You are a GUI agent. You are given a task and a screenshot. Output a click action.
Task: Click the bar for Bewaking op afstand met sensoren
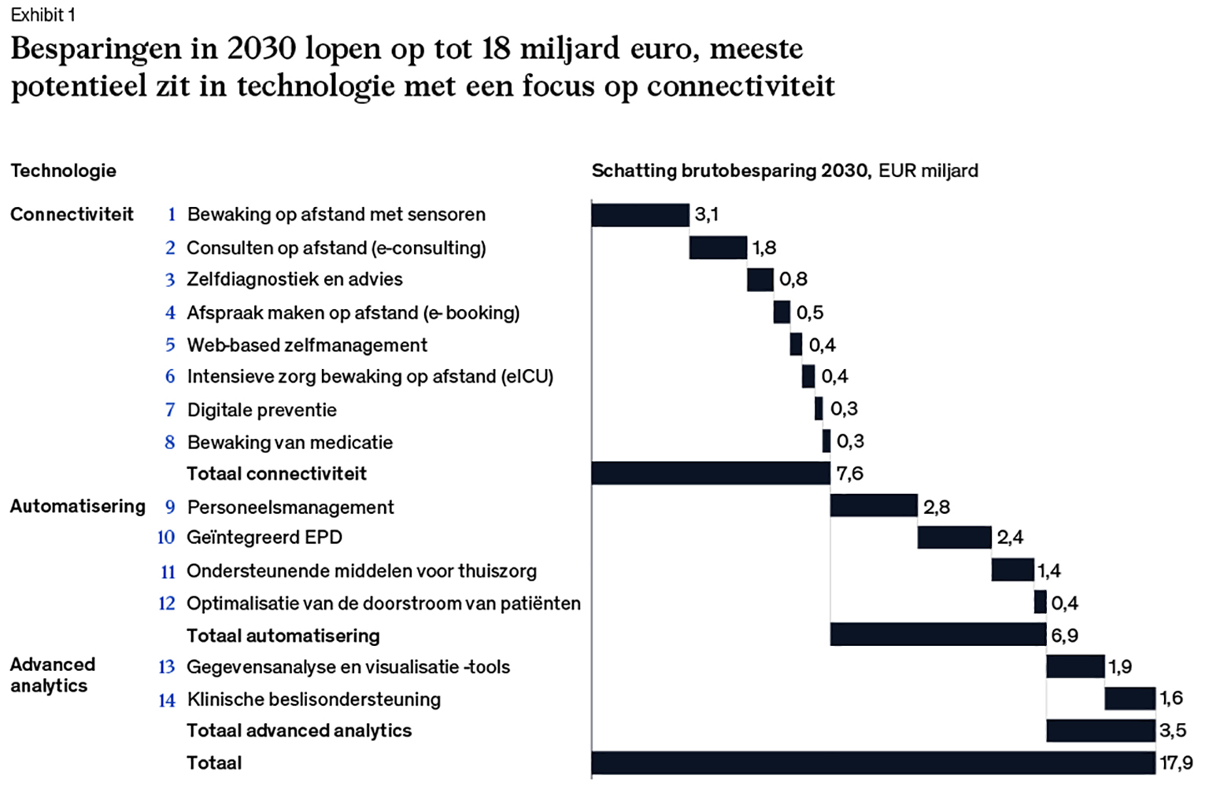point(640,215)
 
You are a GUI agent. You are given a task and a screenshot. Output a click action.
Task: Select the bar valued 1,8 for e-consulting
point(718,247)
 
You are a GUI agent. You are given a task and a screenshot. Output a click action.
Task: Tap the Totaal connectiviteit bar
point(710,473)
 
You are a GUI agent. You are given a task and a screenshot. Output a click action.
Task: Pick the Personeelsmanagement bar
point(874,506)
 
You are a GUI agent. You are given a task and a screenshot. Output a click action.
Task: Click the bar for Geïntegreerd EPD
point(954,537)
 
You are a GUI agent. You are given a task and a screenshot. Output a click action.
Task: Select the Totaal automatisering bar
point(938,634)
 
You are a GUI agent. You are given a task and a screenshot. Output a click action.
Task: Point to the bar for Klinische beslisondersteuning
point(1130,698)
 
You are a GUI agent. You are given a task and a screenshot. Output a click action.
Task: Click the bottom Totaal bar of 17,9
point(874,762)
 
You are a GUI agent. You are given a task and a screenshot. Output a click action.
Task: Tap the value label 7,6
point(849,474)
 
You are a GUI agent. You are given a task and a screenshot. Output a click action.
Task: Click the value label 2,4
point(1010,537)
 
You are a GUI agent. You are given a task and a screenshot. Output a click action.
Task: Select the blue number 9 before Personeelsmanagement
point(170,507)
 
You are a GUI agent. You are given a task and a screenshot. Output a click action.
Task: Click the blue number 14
point(166,700)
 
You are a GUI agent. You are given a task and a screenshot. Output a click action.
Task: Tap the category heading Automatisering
point(77,506)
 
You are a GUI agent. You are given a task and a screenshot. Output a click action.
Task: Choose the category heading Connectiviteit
point(72,214)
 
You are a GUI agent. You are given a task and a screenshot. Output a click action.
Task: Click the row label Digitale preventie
point(261,410)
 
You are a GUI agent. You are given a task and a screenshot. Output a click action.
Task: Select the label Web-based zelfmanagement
point(307,345)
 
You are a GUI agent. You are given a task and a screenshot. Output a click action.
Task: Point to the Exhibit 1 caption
point(43,15)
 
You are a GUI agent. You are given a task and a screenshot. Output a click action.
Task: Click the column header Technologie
point(63,171)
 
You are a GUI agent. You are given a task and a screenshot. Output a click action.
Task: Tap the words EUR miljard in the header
point(928,171)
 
